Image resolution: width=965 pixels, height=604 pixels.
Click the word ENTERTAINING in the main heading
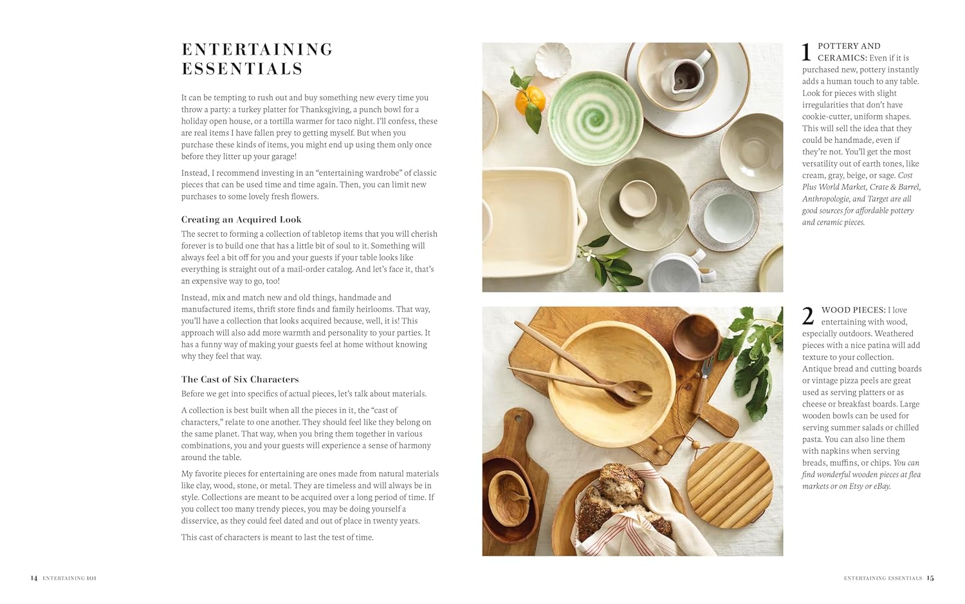point(257,50)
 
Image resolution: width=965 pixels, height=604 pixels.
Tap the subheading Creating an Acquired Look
point(241,219)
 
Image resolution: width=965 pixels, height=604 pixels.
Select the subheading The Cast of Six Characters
point(240,380)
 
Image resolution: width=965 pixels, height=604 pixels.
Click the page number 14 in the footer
point(34,578)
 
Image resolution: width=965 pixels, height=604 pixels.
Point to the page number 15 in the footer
point(930,578)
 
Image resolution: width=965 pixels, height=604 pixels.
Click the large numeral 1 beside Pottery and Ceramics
point(806,53)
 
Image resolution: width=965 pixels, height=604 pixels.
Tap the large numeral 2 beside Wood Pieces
point(808,316)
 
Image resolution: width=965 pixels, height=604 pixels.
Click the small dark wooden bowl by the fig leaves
point(696,335)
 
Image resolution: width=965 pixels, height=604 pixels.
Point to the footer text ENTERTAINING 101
point(69,578)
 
